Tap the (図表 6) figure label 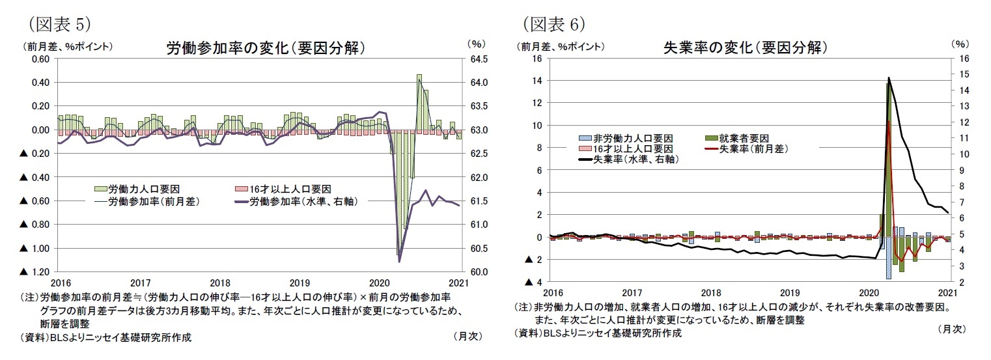(554, 24)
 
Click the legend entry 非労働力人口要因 (625, 138)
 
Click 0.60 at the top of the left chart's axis (40, 59)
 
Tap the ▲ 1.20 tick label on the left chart (36, 271)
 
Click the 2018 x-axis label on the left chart (220, 283)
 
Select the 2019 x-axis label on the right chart (789, 294)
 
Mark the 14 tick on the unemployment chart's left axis (537, 81)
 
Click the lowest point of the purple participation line (399, 261)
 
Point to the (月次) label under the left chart (466, 337)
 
